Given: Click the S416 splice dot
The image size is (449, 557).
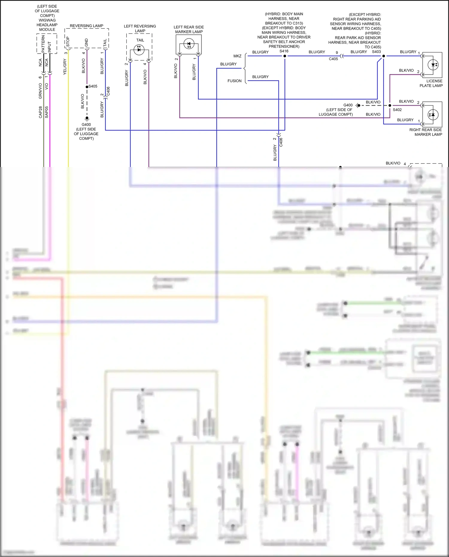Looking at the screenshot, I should (x=285, y=56).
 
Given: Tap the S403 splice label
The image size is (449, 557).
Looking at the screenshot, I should (x=376, y=52).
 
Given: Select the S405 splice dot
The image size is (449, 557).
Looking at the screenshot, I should (x=87, y=87).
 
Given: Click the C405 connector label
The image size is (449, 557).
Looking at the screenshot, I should (x=333, y=59).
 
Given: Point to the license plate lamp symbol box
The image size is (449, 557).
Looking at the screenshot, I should (x=432, y=64).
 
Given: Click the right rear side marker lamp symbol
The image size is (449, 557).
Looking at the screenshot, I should (x=432, y=115).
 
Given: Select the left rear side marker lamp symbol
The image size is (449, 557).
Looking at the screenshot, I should (x=189, y=45).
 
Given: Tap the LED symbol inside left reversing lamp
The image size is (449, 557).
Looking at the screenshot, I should (x=139, y=49).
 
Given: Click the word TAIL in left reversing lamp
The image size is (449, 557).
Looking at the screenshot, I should (x=140, y=40).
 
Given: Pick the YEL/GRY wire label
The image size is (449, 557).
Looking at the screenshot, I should (x=65, y=67).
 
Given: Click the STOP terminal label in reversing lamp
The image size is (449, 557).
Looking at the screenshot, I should (x=68, y=42).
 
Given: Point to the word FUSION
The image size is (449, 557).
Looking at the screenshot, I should (x=234, y=81).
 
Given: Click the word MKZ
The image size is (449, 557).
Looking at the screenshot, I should (x=237, y=56).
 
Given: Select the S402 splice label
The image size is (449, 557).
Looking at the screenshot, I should (x=397, y=110).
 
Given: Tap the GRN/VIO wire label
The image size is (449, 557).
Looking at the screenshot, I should (x=40, y=91).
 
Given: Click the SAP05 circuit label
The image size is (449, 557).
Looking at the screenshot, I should (x=46, y=112).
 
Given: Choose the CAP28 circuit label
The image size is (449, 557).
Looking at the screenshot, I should (x=40, y=112).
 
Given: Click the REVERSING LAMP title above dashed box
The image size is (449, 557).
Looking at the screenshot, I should (x=87, y=26).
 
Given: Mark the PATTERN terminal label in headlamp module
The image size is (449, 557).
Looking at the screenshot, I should (x=43, y=44).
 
